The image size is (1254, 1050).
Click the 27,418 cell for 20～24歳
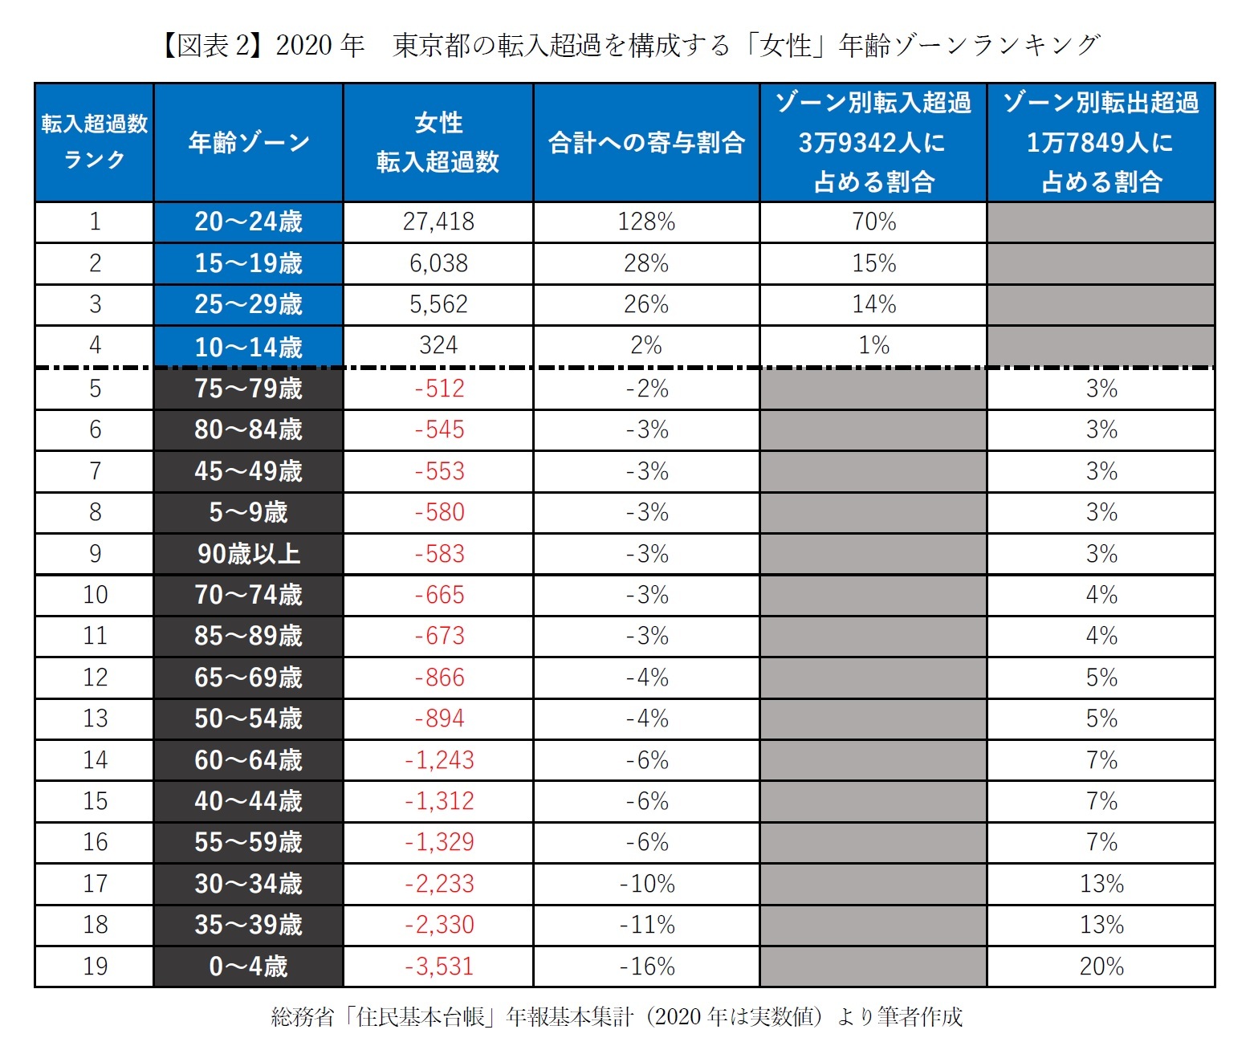(438, 222)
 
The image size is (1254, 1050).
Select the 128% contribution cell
(646, 222)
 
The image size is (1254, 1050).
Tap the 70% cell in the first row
(873, 222)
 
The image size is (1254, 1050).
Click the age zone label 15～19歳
(248, 263)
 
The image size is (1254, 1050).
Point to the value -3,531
(438, 966)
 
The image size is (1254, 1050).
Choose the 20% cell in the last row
(1101, 966)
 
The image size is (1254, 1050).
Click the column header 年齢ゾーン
(248, 143)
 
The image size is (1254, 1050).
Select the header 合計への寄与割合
(646, 143)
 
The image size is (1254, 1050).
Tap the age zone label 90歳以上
(248, 554)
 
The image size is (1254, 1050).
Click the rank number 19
(95, 966)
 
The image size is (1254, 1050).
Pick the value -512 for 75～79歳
(438, 389)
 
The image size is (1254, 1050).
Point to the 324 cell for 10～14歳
(438, 346)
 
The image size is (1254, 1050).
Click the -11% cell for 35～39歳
(646, 925)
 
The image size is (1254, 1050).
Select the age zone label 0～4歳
(248, 966)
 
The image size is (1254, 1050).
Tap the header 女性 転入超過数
(438, 143)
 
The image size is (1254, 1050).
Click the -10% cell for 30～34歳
(646, 884)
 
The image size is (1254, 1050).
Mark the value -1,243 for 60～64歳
(438, 760)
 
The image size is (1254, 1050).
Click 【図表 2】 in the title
(210, 46)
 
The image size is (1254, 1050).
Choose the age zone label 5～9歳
(248, 512)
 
